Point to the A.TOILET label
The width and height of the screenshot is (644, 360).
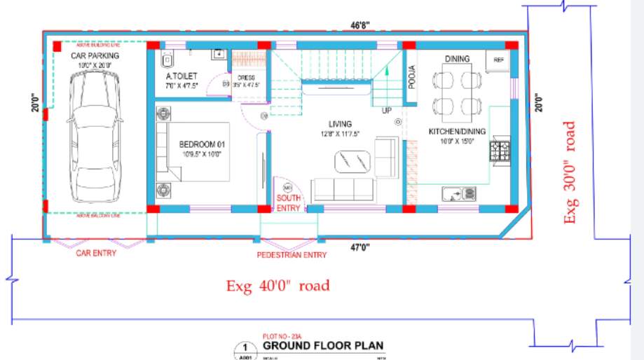tap(181, 76)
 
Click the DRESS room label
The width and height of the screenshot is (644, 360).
tap(245, 78)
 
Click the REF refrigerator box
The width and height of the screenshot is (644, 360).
tap(499, 60)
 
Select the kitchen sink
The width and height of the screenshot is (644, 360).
tap(460, 193)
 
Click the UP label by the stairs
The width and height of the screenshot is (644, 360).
tap(386, 111)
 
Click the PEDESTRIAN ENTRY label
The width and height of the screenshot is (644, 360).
tap(292, 255)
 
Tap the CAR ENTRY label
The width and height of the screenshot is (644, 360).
tap(96, 253)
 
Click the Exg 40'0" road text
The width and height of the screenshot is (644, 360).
tap(278, 286)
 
